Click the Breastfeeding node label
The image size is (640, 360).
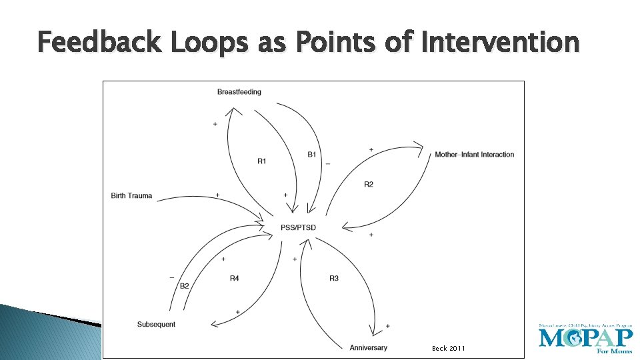[x=239, y=92]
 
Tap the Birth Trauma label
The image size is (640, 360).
[x=131, y=196]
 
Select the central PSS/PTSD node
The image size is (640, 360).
[x=299, y=228]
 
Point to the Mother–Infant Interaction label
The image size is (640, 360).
[x=474, y=155]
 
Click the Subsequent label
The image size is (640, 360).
[x=156, y=325]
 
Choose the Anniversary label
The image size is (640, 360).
[x=368, y=348]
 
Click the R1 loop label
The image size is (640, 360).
[x=262, y=161]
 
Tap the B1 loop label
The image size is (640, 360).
[x=312, y=155]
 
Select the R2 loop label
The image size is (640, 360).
[x=369, y=185]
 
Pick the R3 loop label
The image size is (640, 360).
[x=334, y=278]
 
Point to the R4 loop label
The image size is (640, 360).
[x=234, y=279]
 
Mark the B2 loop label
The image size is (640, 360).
[x=185, y=287]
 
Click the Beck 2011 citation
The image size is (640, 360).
[x=449, y=349]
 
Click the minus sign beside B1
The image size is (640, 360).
[x=327, y=164]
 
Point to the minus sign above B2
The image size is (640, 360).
[x=172, y=277]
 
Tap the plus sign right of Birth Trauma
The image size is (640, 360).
[x=217, y=195]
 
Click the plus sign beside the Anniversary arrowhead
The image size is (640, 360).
[x=387, y=326]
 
